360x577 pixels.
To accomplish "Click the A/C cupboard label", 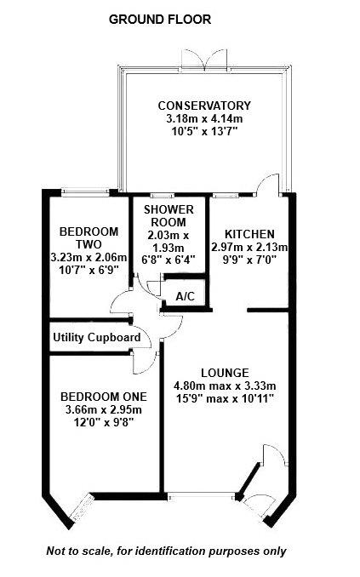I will tap(185, 295).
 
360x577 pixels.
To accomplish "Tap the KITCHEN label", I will tap(249, 234).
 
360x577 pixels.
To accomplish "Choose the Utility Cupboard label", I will tap(96, 337).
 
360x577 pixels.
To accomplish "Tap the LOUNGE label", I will tap(224, 372).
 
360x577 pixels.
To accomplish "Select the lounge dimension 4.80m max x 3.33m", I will tap(224, 386).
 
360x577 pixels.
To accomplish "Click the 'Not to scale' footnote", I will tap(166, 551).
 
